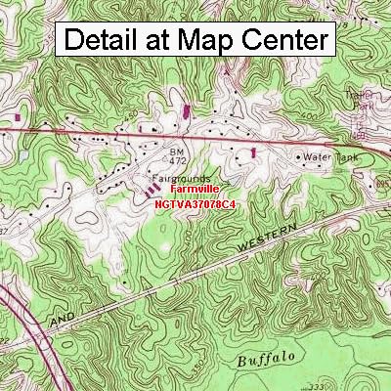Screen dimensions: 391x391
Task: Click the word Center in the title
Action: [283, 41]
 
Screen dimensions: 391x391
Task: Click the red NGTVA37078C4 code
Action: [195, 205]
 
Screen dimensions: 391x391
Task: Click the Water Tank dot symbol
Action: [300, 154]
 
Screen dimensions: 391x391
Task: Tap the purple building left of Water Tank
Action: [253, 152]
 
